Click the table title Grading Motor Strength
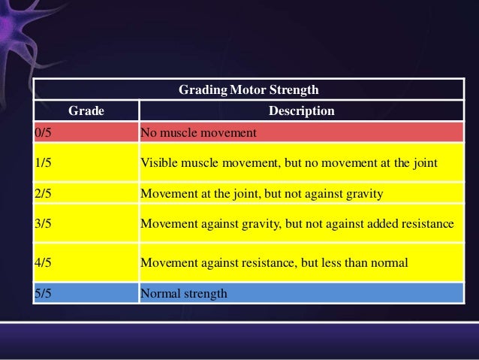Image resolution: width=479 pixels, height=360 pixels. click(x=249, y=90)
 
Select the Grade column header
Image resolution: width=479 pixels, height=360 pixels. click(x=86, y=112)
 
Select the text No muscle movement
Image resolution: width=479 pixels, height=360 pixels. click(x=198, y=133)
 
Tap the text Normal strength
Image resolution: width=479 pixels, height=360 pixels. click(x=183, y=292)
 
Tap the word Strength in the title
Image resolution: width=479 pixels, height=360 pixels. click(x=294, y=90)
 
